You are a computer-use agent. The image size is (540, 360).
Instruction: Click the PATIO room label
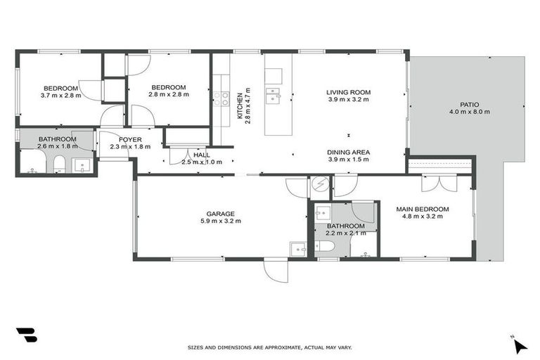point(475,103)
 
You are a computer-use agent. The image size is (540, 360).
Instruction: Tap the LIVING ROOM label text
point(348,92)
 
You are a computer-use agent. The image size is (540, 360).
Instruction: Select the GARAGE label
point(220,214)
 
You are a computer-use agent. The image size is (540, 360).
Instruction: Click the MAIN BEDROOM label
point(422,209)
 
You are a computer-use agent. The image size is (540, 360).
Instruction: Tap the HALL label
point(202,155)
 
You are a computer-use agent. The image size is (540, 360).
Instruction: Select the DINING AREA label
point(348,152)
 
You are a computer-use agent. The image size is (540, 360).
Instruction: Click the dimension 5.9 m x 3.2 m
point(220,221)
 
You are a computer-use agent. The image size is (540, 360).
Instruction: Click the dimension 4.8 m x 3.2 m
point(422,217)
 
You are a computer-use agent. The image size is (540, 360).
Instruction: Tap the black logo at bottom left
point(27,335)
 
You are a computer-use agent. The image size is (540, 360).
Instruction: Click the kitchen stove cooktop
point(222,98)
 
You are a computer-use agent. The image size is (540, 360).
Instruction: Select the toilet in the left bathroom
point(59,165)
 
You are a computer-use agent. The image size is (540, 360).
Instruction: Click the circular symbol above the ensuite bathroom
point(321,185)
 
